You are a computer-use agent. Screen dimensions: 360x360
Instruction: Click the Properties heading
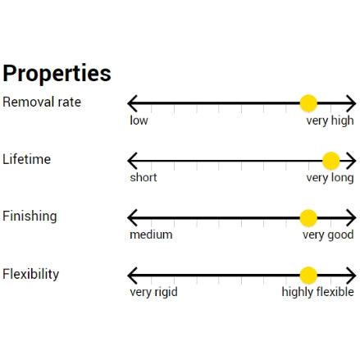[x=57, y=74]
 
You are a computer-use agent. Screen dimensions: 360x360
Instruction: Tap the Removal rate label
[x=42, y=102]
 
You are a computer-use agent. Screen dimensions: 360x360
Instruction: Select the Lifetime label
[x=27, y=159]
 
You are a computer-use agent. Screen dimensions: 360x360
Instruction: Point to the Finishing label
[x=30, y=216]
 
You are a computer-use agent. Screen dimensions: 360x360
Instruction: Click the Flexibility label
[x=31, y=274]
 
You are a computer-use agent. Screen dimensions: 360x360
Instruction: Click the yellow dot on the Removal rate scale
[x=308, y=103]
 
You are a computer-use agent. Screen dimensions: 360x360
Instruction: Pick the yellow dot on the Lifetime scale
[x=331, y=161]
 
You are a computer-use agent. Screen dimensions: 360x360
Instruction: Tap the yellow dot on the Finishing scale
[x=308, y=218]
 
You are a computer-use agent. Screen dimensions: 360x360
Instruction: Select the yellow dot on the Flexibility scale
[x=308, y=276]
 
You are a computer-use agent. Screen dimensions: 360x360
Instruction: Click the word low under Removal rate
[x=139, y=121]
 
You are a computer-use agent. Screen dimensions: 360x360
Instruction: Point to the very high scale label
[x=330, y=121]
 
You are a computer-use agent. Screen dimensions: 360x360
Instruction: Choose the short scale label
[x=144, y=178]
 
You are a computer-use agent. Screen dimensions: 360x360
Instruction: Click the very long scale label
[x=330, y=178]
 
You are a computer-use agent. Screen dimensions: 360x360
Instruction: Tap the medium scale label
[x=151, y=235]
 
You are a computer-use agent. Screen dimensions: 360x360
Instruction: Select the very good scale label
[x=328, y=235]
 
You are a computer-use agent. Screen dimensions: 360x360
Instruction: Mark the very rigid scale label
[x=153, y=293]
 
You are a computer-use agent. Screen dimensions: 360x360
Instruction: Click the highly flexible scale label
[x=317, y=292]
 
